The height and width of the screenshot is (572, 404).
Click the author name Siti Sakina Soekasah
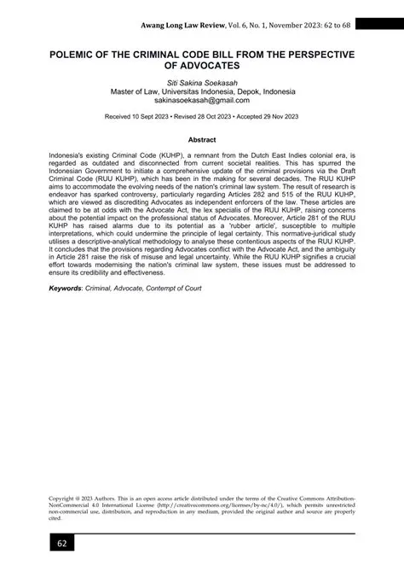coord(202,101)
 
